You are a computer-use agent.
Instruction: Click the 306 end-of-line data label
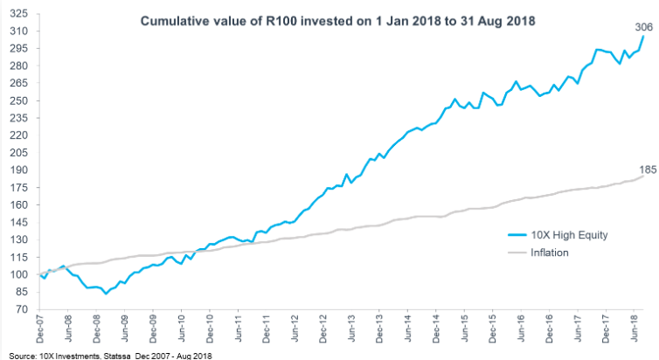644,27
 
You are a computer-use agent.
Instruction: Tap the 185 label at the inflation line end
645,168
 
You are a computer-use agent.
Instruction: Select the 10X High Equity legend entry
557,235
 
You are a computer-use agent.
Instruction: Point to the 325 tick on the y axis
20,15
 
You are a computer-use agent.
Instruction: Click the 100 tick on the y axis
20,275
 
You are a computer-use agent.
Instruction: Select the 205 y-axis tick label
20,154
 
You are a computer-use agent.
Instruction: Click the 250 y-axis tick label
20,101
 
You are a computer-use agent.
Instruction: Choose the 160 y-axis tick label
20,205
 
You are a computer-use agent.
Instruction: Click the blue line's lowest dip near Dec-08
105,294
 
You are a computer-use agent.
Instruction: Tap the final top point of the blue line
644,37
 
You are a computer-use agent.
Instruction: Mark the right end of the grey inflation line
644,177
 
